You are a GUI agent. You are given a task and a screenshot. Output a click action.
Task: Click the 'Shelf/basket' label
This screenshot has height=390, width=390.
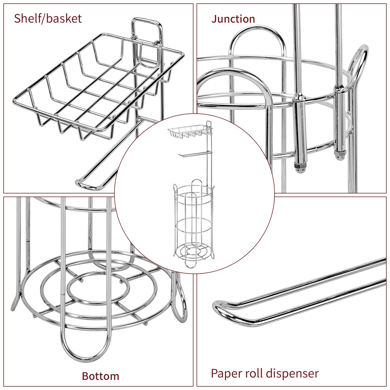[48, 19]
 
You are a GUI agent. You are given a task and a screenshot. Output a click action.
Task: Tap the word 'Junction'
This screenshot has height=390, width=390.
[233, 19]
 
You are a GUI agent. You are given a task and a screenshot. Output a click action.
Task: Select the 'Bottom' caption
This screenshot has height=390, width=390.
[100, 376]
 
